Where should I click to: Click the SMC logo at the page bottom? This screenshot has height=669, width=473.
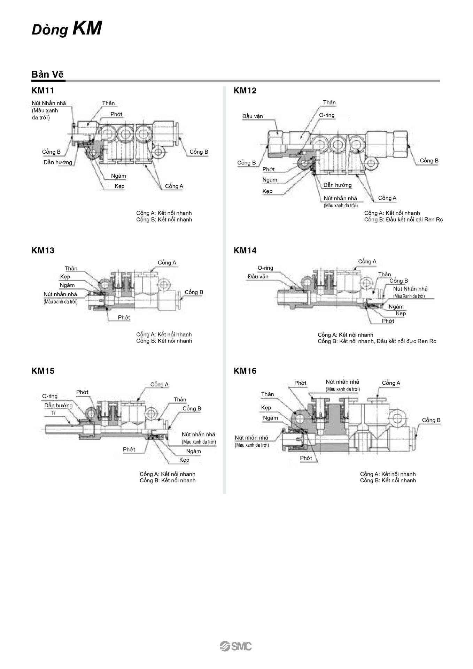[236, 646]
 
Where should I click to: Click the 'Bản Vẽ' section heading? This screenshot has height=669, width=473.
[47, 74]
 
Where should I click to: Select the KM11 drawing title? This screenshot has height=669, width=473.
[43, 91]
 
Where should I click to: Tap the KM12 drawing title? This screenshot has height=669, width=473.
[245, 91]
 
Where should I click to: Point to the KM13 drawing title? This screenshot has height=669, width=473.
[43, 251]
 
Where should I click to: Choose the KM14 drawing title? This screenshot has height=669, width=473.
[245, 251]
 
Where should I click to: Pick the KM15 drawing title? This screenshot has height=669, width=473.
[43, 371]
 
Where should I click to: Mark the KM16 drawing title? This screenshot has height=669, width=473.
[245, 371]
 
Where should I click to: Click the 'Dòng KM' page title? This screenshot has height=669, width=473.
[67, 29]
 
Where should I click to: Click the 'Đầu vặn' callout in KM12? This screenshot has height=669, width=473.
[253, 116]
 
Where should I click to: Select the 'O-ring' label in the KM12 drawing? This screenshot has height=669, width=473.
[327, 115]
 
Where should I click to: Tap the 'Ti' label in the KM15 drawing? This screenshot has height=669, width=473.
[53, 413]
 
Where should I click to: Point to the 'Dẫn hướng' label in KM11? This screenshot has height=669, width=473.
[58, 162]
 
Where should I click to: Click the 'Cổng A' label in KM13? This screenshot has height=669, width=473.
[167, 263]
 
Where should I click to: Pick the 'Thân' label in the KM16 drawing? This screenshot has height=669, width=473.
[267, 394]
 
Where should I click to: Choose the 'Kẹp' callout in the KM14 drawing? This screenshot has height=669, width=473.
[401, 314]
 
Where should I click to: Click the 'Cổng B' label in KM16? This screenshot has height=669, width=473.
[431, 420]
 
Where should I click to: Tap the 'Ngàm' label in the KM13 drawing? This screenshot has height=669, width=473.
[67, 285]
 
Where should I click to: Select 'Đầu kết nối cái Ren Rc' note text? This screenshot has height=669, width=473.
[414, 220]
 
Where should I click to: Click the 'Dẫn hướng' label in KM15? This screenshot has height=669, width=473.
[59, 406]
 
